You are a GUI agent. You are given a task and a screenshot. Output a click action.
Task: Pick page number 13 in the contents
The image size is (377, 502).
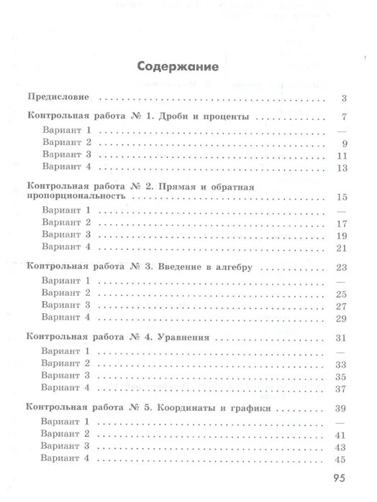[x=342, y=168]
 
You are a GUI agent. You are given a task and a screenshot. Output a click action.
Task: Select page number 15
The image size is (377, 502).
[x=342, y=196]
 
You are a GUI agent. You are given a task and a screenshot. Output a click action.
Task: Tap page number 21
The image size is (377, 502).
[x=342, y=248]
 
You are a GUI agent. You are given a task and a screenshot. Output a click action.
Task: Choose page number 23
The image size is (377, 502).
[x=342, y=267]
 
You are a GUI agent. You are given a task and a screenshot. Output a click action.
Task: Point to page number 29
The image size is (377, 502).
[x=342, y=318]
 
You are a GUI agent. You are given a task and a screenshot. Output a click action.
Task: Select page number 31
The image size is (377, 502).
[x=342, y=338]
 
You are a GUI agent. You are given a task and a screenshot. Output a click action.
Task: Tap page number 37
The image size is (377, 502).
[x=342, y=389]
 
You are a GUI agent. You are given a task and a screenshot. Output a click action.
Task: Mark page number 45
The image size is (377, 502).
[x=342, y=460]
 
